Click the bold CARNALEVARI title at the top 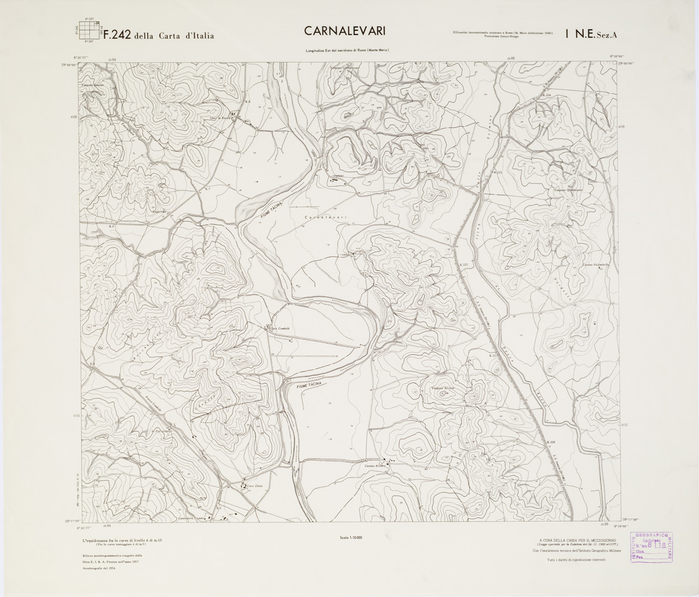(x=344, y=31)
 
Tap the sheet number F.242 (x=117, y=35)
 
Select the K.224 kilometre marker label (x=547, y=96)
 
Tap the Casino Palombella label (x=595, y=265)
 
